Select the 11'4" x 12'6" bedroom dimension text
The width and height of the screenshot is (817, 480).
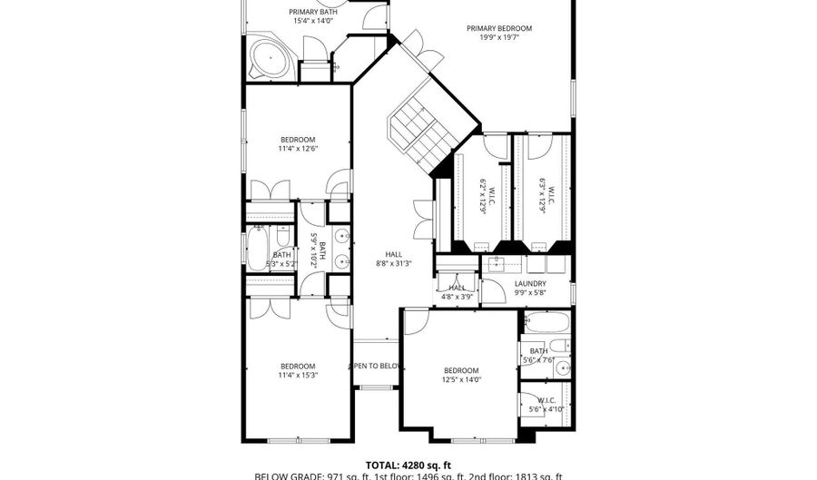298,149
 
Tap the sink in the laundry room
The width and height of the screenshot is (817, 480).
497,265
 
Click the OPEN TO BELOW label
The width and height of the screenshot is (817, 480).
376,366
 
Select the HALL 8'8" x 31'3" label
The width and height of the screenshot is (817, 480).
394,260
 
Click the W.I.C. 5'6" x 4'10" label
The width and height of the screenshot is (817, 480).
546,405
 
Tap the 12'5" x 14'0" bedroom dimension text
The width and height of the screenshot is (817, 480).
461,380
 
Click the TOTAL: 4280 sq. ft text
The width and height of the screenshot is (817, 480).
408,464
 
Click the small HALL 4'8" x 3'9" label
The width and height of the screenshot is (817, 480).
457,291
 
